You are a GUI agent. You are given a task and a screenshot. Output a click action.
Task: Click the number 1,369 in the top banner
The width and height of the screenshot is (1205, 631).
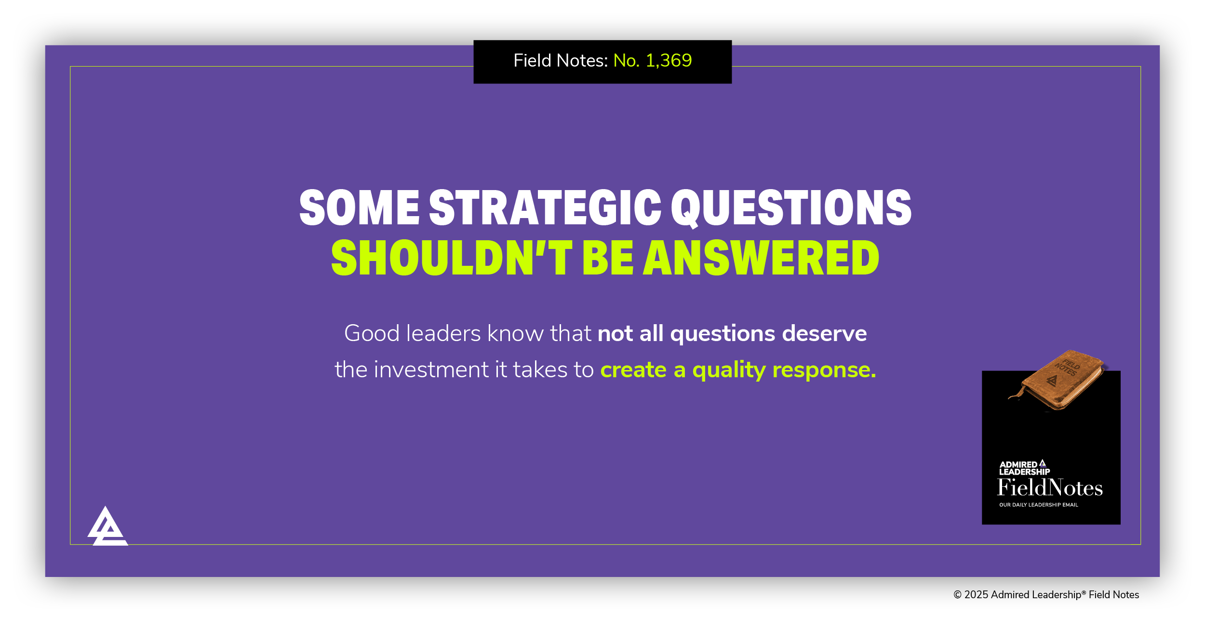point(669,61)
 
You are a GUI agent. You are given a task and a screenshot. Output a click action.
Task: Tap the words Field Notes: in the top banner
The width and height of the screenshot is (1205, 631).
point(561,61)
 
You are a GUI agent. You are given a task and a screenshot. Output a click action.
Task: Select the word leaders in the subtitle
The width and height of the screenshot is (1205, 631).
point(443,333)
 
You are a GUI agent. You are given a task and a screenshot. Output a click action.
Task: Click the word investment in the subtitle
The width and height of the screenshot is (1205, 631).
point(431,370)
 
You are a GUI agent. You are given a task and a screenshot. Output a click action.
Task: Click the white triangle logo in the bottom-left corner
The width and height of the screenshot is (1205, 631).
point(107,527)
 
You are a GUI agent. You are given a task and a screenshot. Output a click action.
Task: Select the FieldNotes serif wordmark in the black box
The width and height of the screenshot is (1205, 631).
point(1050,488)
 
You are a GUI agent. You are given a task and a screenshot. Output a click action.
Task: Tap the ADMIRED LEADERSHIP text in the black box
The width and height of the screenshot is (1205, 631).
point(1024,468)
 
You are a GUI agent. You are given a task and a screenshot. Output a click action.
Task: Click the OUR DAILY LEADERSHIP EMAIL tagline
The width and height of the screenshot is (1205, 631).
point(1038,505)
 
